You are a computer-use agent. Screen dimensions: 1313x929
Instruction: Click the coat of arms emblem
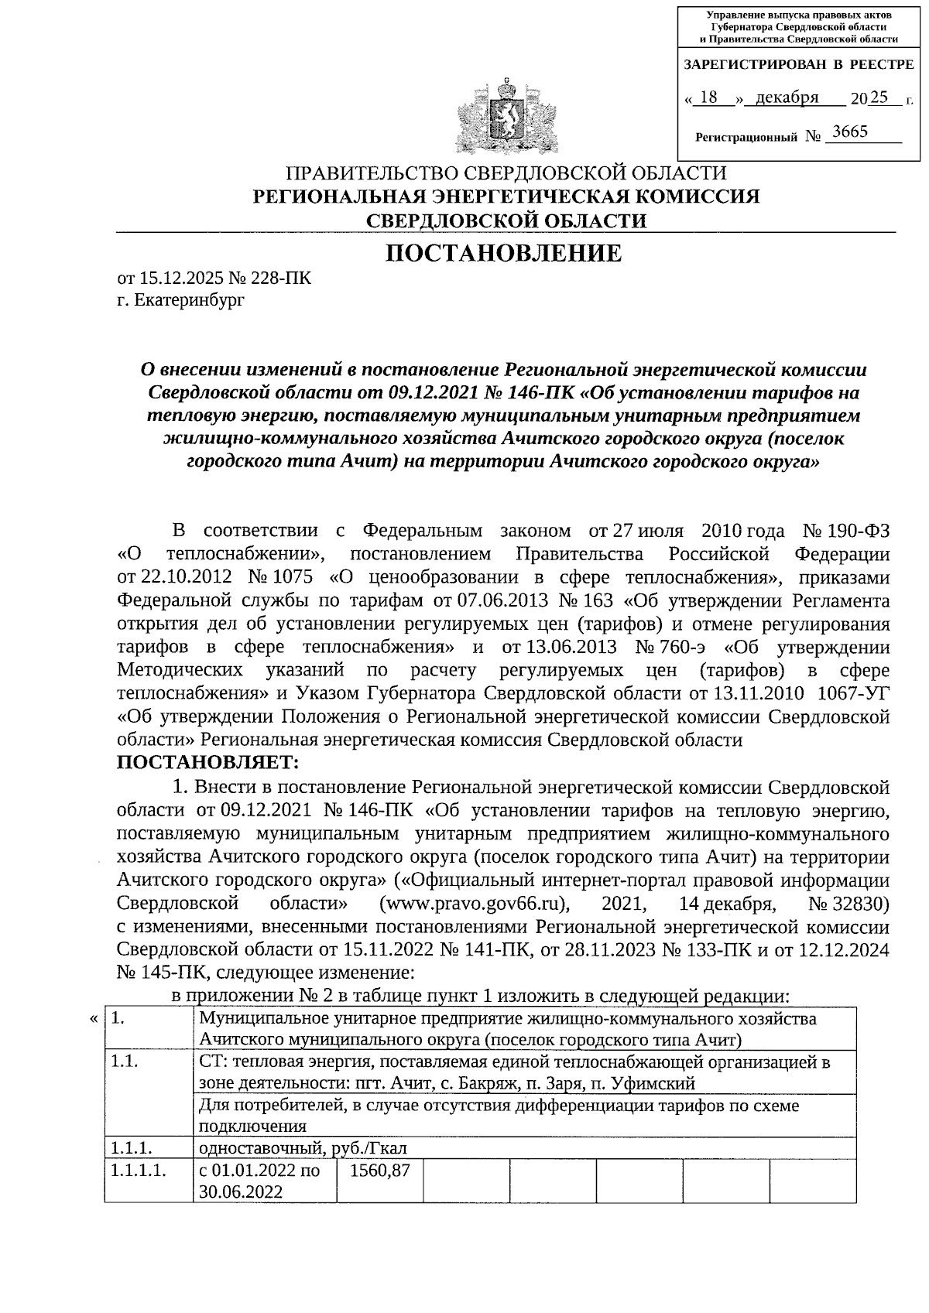tap(506, 114)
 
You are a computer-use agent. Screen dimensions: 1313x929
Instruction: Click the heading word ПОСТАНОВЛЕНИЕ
tap(504, 253)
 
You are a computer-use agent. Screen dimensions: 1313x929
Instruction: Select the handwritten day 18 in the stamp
tap(708, 97)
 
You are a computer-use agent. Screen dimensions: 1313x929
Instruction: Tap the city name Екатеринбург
tap(189, 299)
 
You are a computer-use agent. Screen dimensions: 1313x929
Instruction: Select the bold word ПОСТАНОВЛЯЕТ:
tap(207, 763)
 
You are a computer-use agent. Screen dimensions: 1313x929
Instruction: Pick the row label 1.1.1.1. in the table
tap(139, 1171)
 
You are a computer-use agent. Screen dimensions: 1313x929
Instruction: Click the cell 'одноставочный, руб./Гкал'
tap(302, 1147)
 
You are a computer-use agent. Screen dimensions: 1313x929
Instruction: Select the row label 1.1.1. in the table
tap(131, 1147)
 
